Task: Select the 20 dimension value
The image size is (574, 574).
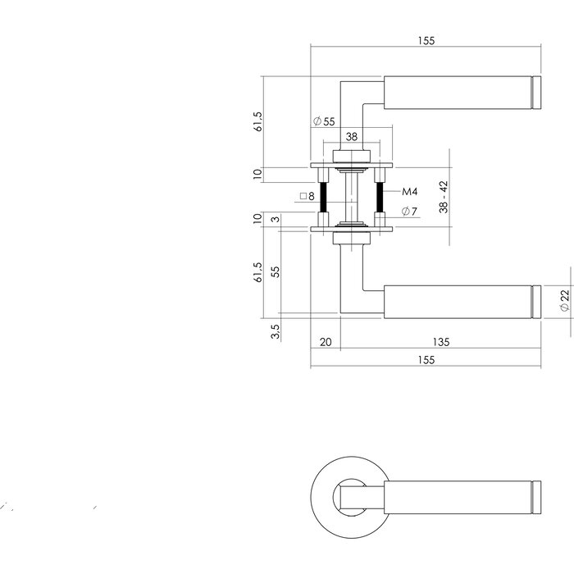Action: pos(325,343)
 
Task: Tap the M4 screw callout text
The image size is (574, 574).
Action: pos(410,191)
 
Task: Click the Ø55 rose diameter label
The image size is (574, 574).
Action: pos(324,122)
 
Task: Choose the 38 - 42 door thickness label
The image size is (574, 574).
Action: pos(444,198)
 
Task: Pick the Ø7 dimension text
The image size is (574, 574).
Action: pos(410,212)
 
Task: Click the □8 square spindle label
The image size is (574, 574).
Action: pos(307,196)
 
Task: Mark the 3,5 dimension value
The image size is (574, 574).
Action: pos(276,331)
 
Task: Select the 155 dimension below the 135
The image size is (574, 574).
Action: pos(425,360)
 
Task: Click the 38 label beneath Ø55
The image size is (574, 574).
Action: pos(351,137)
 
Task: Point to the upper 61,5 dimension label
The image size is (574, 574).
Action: pos(257,122)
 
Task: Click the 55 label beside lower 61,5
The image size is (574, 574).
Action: pos(276,271)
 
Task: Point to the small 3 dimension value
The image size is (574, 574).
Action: pos(276,218)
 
